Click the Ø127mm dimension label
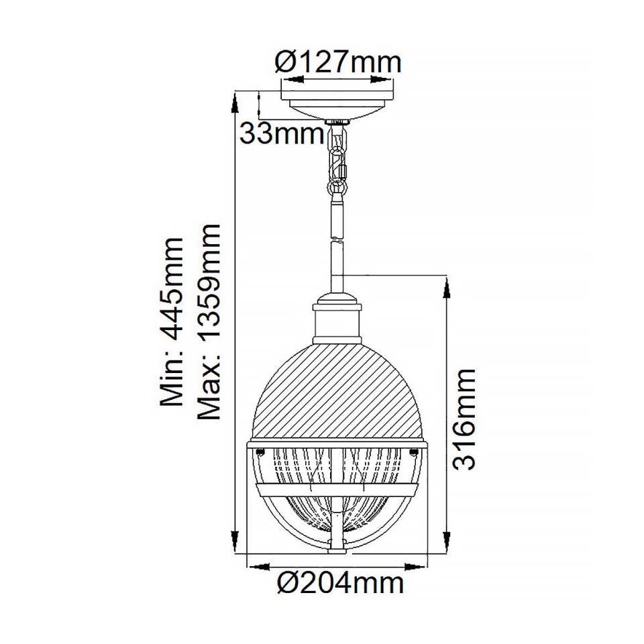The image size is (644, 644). point(338,62)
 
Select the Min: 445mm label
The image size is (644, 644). point(172,321)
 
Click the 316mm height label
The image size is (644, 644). point(464,419)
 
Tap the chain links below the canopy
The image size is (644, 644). point(338,161)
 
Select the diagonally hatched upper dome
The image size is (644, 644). point(337,389)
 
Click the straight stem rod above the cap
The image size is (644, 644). point(338,262)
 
